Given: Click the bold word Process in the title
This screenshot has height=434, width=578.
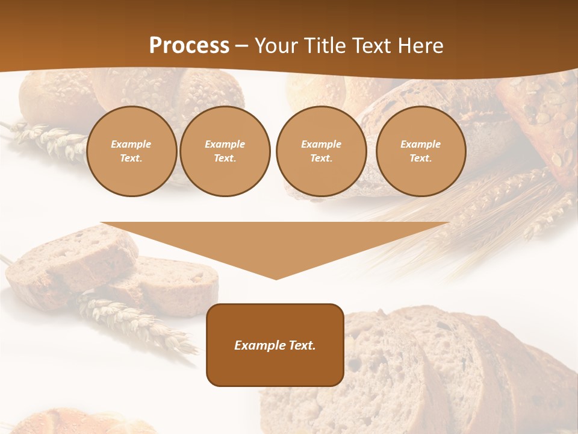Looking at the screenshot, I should [189, 46].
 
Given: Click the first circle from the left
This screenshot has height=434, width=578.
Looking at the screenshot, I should [132, 151].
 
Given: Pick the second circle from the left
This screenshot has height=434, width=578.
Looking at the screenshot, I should [225, 151].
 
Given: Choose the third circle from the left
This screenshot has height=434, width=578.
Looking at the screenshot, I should [321, 151].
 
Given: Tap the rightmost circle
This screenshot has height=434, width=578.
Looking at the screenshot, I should [421, 151].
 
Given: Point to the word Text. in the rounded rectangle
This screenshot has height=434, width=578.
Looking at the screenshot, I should [302, 345].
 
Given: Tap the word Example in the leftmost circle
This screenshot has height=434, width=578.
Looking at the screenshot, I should [131, 144].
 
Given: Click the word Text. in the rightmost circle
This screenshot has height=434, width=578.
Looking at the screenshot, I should [421, 158].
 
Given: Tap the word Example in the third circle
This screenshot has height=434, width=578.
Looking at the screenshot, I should [321, 144].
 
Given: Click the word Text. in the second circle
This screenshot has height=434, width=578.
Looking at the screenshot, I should [225, 158].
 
